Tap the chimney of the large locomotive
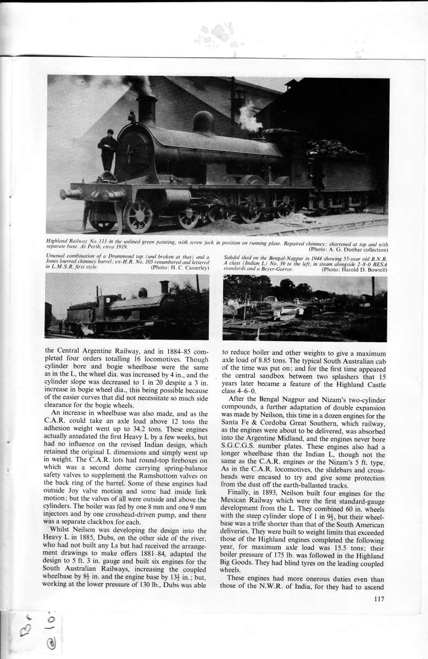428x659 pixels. click(x=147, y=109)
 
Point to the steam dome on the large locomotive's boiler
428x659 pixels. click(x=203, y=123)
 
